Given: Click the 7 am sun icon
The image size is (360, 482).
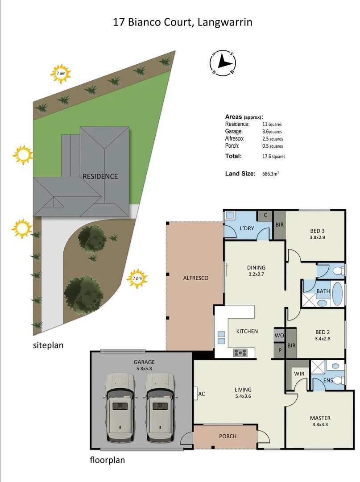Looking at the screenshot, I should tap(61, 74).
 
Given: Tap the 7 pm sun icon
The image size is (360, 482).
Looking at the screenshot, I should tap(137, 279).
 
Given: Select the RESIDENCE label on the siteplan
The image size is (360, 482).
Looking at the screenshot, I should tap(100, 176).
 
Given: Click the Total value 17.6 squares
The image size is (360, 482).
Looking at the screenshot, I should tap(273, 157).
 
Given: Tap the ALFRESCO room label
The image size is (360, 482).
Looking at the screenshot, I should tap(195, 278).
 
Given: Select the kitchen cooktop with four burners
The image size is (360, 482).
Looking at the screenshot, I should tap(240, 352).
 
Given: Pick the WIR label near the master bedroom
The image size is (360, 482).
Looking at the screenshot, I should tap(298, 372).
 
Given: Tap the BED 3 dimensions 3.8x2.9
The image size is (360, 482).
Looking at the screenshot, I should tap(317, 237).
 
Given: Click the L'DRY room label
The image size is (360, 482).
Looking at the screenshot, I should tap(247, 228).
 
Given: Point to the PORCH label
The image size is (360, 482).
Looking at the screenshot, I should tap(228, 436).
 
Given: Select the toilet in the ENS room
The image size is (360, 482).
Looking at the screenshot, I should tap(339, 380).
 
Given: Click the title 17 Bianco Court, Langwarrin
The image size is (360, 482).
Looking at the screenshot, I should tap(182, 22).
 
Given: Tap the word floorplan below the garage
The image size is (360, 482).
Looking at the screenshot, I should tap(107, 460).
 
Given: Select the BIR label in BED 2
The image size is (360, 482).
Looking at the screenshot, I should tap(292, 345).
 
